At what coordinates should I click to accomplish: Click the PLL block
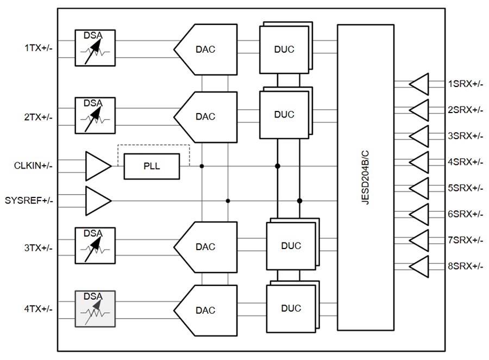(x=152, y=166)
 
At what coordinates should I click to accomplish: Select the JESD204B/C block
(x=365, y=177)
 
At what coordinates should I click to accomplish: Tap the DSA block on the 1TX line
(x=95, y=48)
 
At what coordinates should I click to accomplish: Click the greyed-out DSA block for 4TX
(x=95, y=309)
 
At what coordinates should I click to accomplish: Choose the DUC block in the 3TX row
(x=290, y=246)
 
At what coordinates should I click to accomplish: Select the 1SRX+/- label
(x=465, y=84)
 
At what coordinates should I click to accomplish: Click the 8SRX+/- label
(x=465, y=266)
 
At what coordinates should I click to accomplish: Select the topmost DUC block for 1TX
(x=283, y=49)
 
